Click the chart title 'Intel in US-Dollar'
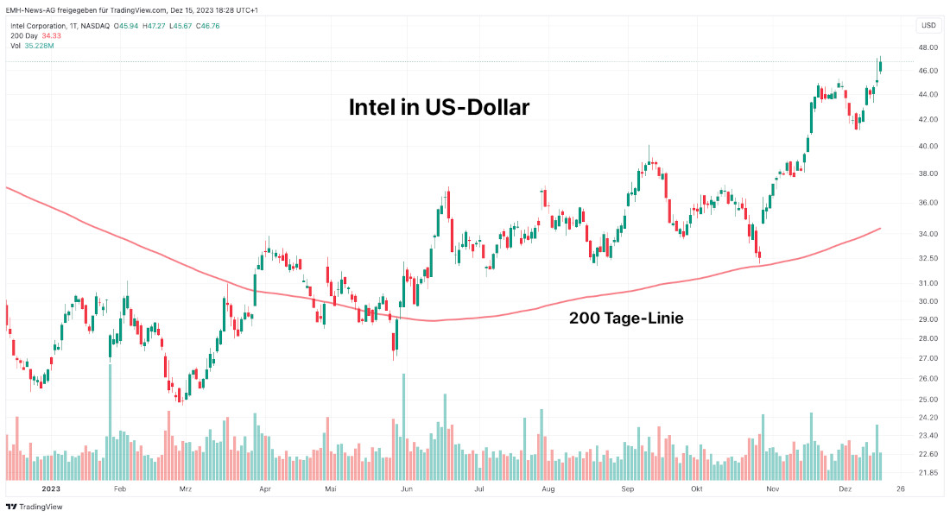pyautogui.click(x=439, y=108)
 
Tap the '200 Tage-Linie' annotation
pyautogui.click(x=626, y=318)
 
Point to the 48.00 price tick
pyautogui.click(x=928, y=47)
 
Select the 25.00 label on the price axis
pyautogui.click(x=928, y=400)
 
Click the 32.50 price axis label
pyautogui.click(x=928, y=258)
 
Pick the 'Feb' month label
pyautogui.click(x=120, y=489)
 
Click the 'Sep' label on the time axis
pyautogui.click(x=627, y=489)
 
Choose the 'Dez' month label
pyautogui.click(x=845, y=489)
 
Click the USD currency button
pyautogui.click(x=928, y=25)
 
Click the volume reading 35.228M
pyautogui.click(x=39, y=46)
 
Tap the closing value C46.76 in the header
pyautogui.click(x=207, y=25)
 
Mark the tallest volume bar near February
pyautogui.click(x=110, y=423)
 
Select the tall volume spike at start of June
pyautogui.click(x=403, y=427)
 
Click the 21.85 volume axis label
pyautogui.click(x=928, y=472)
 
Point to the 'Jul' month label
pyautogui.click(x=479, y=489)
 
